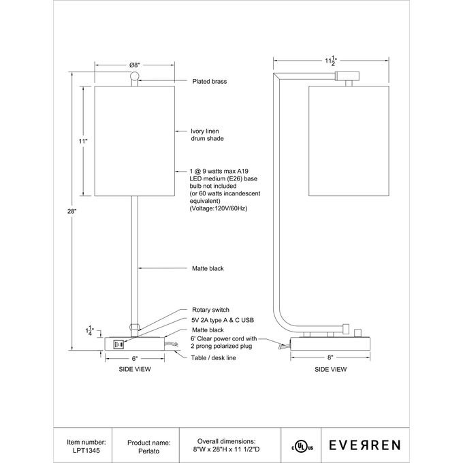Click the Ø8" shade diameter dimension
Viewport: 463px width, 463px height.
click(x=135, y=65)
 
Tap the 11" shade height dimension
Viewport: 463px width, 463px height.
click(x=82, y=141)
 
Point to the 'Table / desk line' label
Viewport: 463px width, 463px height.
click(x=214, y=357)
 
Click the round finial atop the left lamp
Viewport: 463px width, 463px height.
click(x=135, y=76)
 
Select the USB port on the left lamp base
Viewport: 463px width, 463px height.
click(x=116, y=344)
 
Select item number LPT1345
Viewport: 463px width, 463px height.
click(x=87, y=449)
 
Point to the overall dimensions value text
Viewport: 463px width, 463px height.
click(x=226, y=449)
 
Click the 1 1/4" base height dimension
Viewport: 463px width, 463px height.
click(x=91, y=331)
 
